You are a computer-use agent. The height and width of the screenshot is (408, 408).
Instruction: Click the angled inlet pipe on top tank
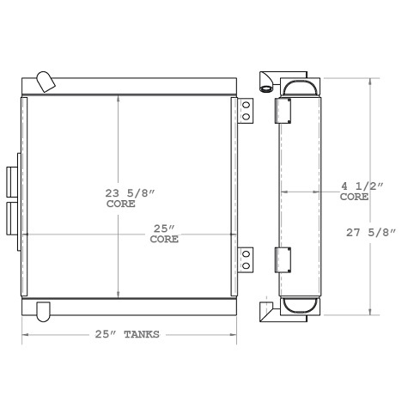coord(46,81)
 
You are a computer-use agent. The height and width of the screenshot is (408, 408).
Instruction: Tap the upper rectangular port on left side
coord(10,181)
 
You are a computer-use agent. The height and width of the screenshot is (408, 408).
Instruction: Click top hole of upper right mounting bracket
coord(246,106)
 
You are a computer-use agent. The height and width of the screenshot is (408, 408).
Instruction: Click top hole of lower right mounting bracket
coord(246,253)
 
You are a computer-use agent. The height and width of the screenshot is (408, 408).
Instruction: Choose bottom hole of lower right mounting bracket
coord(246,265)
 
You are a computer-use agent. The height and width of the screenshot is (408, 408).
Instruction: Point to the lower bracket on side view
coord(283,260)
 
